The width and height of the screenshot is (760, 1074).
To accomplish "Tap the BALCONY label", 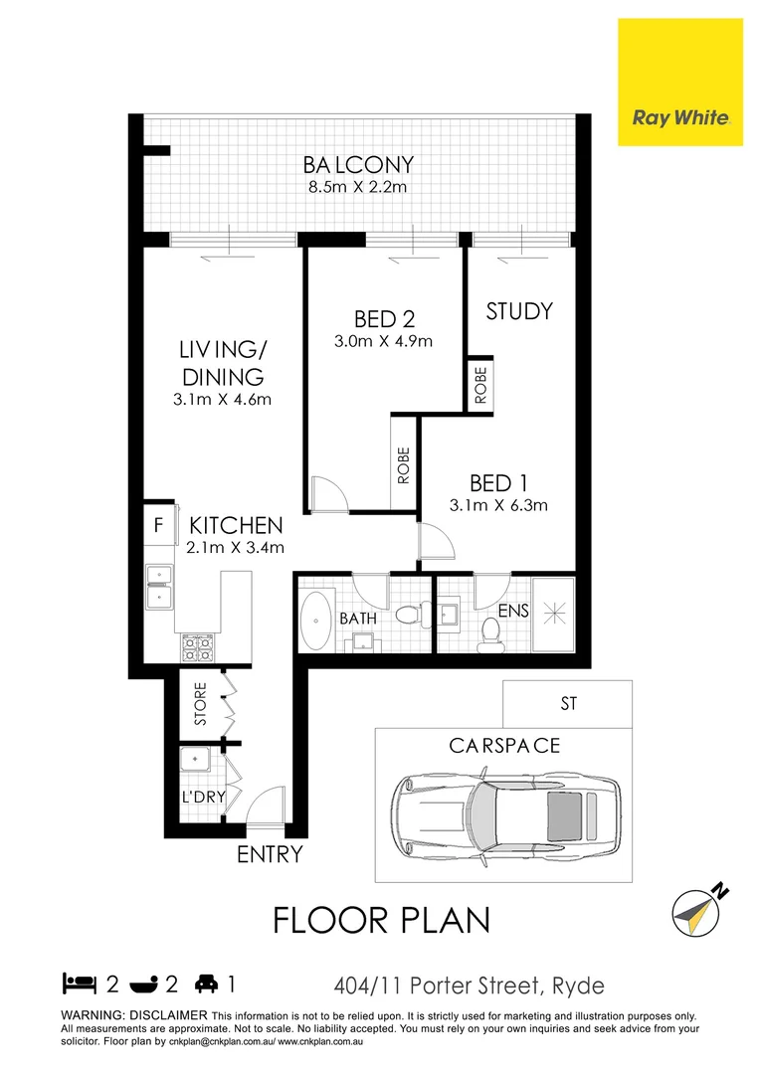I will [359, 164].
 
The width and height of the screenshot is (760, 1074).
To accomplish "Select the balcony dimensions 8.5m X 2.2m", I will [359, 187].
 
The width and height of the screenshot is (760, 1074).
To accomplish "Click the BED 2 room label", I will [384, 319].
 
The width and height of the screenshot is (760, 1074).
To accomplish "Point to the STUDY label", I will [519, 311].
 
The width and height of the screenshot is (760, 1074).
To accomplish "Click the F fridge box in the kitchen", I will [157, 526].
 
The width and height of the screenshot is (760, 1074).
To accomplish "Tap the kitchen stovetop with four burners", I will [195, 649].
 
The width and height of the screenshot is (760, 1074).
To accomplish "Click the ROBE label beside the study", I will [481, 382].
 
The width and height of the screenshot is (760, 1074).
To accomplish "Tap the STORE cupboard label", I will [200, 703].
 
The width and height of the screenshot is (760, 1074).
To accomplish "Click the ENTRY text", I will [270, 854].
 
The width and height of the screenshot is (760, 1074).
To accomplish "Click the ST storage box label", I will [568, 704].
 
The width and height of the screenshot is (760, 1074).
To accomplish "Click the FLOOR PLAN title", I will [382, 920].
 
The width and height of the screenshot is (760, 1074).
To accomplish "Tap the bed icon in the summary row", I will [79, 984].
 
